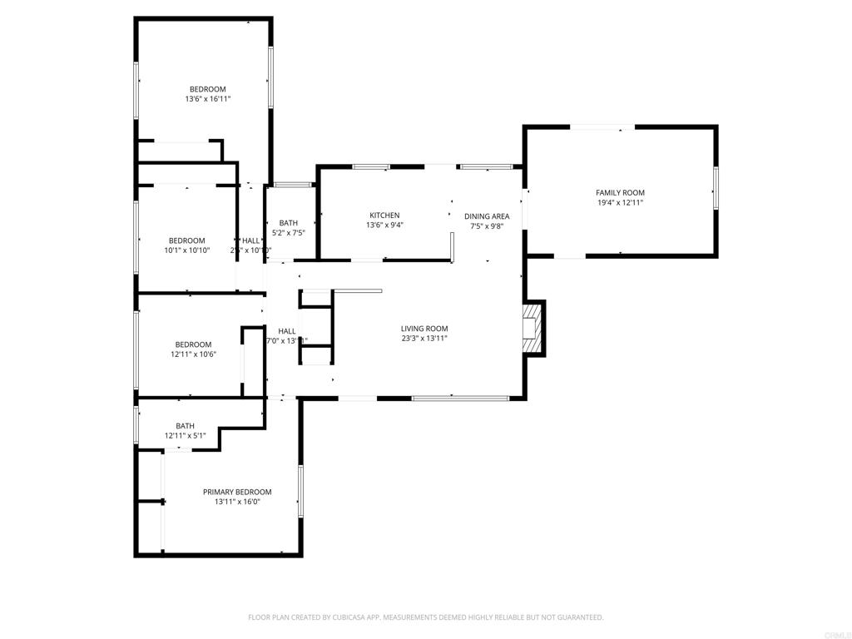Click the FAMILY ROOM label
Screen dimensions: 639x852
coord(620,193)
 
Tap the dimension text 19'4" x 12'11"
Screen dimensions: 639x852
coord(620,203)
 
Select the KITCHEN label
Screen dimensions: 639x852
coord(384,215)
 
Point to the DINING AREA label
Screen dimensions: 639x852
coord(487,216)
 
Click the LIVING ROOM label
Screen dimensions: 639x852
coord(424,329)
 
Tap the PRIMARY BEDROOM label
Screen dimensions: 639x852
coord(237,492)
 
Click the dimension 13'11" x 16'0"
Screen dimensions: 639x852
coord(237,502)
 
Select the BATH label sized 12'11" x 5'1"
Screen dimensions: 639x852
coord(185,426)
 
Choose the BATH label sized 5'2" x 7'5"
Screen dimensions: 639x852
coord(288,223)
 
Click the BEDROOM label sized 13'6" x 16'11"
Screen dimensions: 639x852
coord(207,89)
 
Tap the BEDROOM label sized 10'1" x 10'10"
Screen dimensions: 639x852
coord(186,240)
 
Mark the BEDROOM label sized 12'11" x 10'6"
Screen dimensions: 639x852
coord(192,344)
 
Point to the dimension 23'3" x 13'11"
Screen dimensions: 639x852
coord(424,339)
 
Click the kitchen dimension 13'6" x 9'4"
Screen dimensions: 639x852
coord(384,225)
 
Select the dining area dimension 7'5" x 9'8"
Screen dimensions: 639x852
coord(487,226)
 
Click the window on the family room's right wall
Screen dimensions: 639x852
coord(715,187)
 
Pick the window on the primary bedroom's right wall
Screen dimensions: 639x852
coord(300,491)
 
